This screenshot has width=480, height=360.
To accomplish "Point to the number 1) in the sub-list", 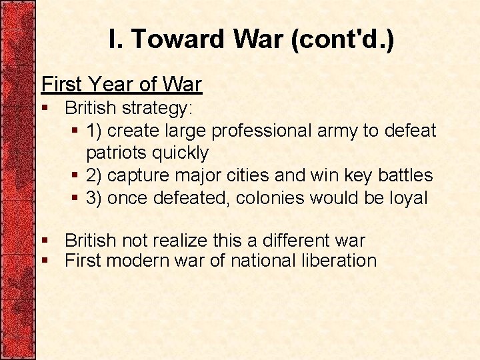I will click(95, 131).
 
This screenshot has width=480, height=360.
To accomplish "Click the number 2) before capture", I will click(95, 175).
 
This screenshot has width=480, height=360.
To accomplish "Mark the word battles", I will click(405, 175).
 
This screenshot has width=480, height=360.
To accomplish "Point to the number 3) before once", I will click(95, 198).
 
